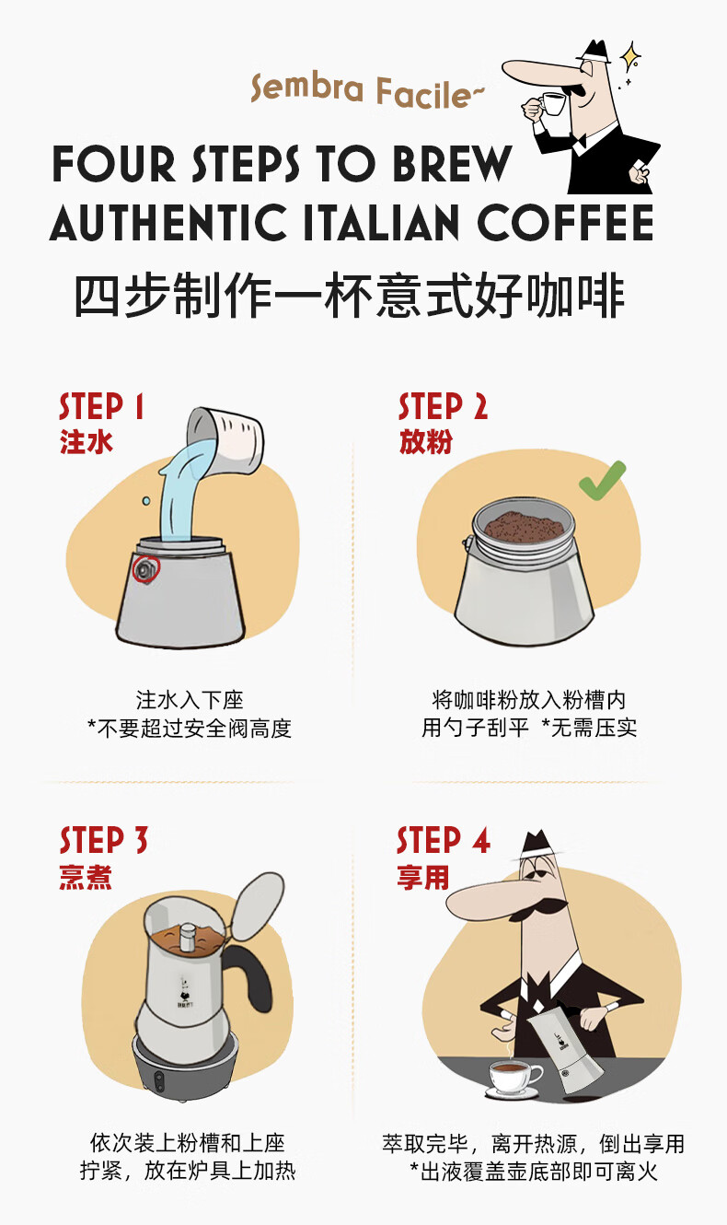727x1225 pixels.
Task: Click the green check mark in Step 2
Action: pos(601,481)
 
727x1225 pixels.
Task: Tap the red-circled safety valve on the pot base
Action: pos(145,570)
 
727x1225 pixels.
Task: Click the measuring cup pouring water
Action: pos(225,439)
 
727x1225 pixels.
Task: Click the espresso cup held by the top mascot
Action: pos(552,104)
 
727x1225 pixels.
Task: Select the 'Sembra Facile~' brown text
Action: pos(367,91)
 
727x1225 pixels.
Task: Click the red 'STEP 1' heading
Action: pos(101,406)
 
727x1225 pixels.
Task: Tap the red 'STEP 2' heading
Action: pos(443,406)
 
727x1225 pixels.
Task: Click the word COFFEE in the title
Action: pos(565,223)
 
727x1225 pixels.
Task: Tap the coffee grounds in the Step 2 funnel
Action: pos(525,527)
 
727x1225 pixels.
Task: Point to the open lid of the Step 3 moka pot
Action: pos(258,905)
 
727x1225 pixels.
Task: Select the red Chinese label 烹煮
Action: pos(86,877)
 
